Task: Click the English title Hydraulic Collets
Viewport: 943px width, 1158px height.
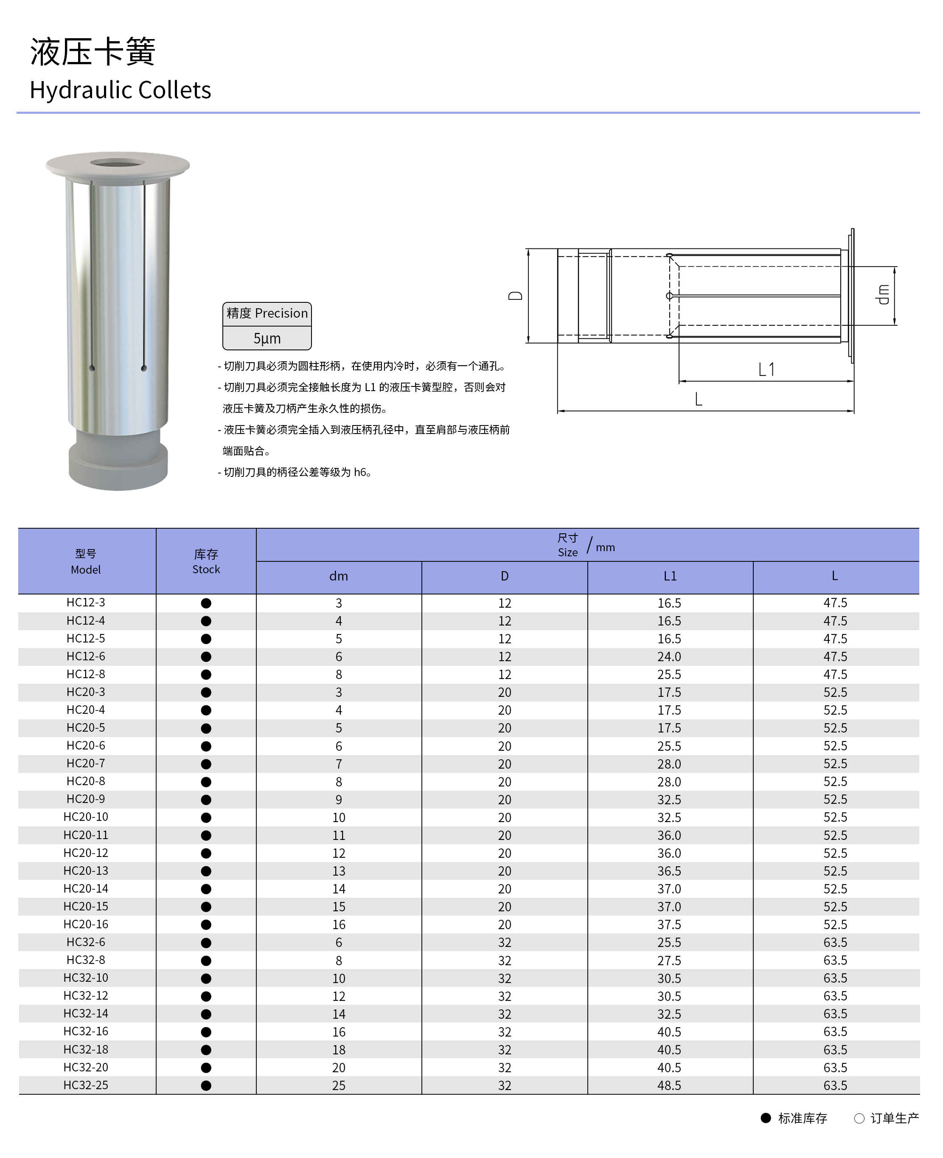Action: (120, 90)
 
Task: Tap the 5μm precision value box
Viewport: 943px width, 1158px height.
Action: (267, 338)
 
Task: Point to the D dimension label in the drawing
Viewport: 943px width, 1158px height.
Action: (515, 296)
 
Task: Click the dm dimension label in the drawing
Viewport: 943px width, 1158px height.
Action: (883, 295)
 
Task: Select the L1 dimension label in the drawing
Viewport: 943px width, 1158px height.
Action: (766, 369)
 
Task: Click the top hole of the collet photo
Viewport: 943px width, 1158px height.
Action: (117, 163)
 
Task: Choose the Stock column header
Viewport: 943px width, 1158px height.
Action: (206, 561)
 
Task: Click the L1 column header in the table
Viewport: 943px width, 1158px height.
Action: (670, 576)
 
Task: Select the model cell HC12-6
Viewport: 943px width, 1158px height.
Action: (86, 656)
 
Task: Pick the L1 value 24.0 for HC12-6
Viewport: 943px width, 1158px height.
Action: (669, 657)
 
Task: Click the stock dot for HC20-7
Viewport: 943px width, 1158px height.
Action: (206, 764)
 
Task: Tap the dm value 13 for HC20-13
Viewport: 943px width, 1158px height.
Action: (338, 871)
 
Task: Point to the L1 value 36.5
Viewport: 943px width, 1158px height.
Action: (669, 871)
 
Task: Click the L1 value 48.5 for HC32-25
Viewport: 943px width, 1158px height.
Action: (669, 1085)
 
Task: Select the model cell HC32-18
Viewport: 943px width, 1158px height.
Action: (86, 1049)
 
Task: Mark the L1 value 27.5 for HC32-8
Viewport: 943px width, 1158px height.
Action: (669, 960)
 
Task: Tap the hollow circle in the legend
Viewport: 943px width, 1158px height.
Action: (859, 1119)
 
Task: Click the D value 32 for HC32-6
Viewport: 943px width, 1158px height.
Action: (505, 942)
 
